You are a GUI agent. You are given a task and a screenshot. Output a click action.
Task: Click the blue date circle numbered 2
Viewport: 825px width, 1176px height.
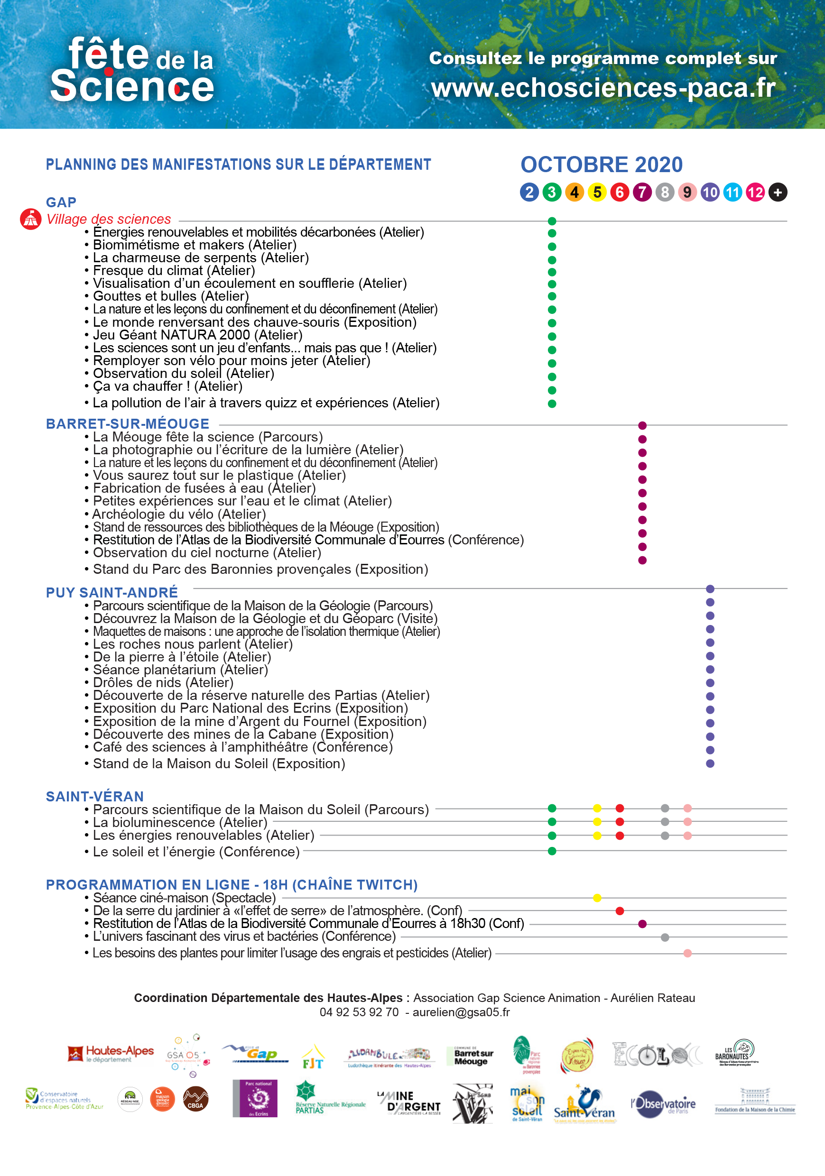(x=529, y=192)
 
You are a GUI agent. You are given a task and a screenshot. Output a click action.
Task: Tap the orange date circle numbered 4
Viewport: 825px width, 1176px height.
(x=575, y=192)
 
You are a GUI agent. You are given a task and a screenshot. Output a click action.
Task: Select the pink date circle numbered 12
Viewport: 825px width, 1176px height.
(x=755, y=192)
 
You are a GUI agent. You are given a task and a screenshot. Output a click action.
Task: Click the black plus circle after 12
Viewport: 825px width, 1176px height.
(x=778, y=192)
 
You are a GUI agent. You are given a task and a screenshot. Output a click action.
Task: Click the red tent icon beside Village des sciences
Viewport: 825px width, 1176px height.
(x=30, y=219)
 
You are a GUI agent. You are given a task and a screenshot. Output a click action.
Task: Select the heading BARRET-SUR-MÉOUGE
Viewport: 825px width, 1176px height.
(x=128, y=424)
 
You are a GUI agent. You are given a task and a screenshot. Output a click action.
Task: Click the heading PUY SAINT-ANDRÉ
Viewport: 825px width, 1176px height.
(x=111, y=593)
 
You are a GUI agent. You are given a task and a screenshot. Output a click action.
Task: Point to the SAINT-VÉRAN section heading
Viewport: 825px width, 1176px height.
(x=95, y=797)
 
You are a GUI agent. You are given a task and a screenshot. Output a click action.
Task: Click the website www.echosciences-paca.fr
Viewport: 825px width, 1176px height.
(x=603, y=88)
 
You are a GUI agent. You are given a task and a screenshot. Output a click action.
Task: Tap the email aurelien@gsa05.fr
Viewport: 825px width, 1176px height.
(x=461, y=1012)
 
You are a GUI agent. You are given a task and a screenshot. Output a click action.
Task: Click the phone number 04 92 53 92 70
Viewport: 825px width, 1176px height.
(x=359, y=1012)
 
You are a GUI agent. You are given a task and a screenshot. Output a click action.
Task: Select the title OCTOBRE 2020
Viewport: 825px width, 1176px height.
(x=601, y=165)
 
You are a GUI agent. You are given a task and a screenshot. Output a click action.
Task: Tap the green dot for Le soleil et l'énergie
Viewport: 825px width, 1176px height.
(x=552, y=851)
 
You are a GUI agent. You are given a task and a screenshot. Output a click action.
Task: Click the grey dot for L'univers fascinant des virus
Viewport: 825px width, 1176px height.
(x=665, y=937)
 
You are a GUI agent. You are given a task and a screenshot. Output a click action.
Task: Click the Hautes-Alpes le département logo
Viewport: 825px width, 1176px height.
(x=110, y=1054)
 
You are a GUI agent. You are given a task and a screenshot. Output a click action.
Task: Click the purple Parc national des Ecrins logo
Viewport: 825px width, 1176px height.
(x=255, y=1099)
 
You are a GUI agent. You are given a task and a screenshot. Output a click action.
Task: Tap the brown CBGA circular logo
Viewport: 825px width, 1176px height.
(x=195, y=1099)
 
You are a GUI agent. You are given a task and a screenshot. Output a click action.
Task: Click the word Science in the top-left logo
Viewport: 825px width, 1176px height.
(x=132, y=86)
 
